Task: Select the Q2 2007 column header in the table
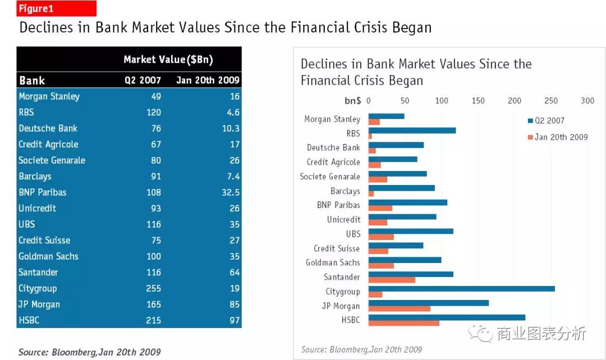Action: coord(143,80)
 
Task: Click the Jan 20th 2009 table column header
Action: coord(208,80)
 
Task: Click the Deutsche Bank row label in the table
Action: coord(48,128)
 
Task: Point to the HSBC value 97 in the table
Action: coord(234,321)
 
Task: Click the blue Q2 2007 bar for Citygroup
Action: coord(461,289)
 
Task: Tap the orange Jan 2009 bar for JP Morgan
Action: coord(399,308)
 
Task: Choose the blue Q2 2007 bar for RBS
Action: coord(412,131)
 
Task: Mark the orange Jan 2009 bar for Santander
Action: coord(392,280)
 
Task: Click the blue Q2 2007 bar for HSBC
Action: coord(447,317)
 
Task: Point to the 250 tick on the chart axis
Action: coord(551,101)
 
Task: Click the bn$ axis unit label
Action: coord(352,101)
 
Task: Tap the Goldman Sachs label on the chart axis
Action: coord(333,262)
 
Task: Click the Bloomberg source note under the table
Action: coord(89,352)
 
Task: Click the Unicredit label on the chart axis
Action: coord(343,219)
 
